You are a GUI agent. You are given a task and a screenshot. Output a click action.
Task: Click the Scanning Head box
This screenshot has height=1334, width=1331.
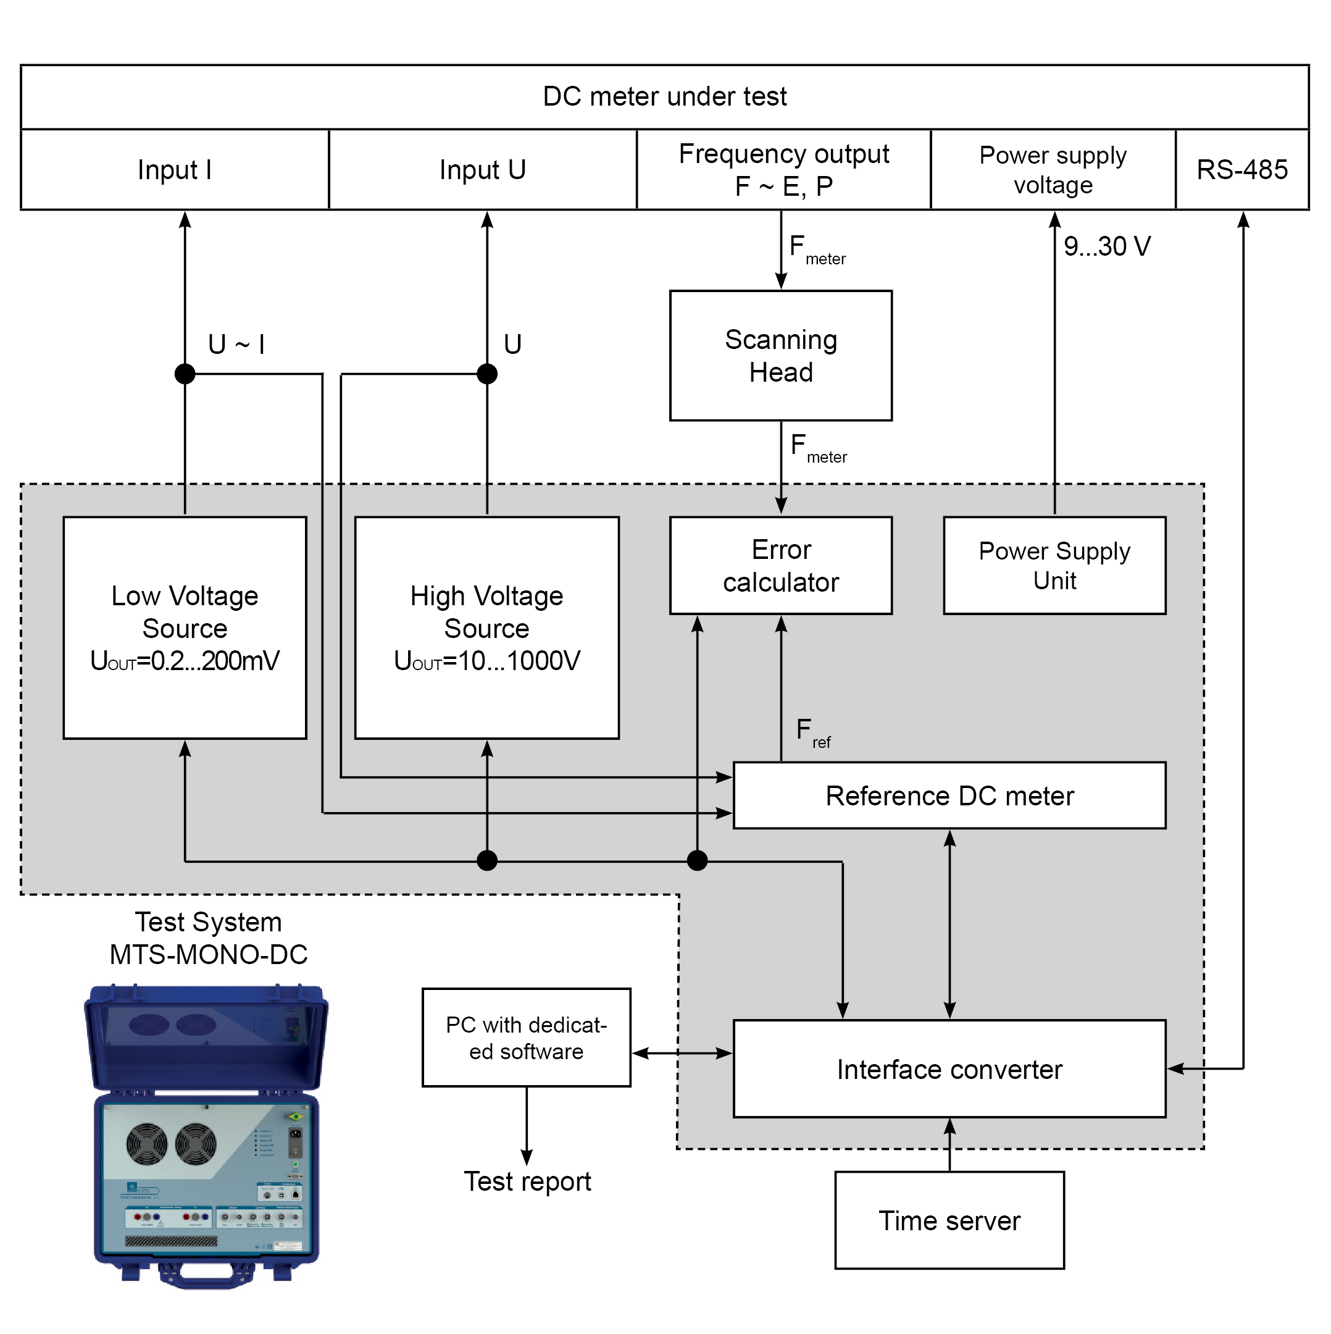click(781, 356)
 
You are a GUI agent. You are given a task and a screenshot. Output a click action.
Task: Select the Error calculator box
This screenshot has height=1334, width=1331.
click(781, 566)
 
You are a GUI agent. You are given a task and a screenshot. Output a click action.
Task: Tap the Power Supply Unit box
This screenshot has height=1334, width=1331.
click(1054, 566)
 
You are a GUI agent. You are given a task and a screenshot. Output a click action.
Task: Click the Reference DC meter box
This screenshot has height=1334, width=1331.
click(949, 795)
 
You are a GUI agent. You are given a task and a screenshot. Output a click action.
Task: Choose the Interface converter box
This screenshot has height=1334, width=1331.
click(949, 1069)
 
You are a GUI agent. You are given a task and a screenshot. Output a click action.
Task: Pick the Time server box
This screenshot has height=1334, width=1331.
click(949, 1220)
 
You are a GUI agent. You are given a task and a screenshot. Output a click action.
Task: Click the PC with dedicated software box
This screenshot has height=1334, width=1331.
click(526, 1038)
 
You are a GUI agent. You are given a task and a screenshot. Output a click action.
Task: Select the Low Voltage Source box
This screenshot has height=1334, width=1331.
click(185, 627)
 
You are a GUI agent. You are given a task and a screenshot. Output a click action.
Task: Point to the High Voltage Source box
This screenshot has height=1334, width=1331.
click(486, 627)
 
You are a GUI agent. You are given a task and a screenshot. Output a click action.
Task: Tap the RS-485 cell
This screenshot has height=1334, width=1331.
click(1242, 169)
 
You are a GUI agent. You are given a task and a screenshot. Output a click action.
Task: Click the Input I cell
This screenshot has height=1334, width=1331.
click(175, 169)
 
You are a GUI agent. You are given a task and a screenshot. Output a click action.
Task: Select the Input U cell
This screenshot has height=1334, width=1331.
click(483, 169)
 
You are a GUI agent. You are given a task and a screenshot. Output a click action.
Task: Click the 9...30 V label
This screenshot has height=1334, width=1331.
click(1107, 246)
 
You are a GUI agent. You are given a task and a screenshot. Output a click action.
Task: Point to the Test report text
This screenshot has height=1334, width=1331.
click(527, 1181)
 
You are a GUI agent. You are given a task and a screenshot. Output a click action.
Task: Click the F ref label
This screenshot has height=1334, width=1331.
click(813, 733)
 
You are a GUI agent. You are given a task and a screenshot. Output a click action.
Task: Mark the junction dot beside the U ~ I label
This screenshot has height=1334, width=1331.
click(185, 374)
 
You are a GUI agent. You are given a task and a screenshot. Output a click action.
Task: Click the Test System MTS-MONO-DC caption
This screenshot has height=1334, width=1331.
click(209, 938)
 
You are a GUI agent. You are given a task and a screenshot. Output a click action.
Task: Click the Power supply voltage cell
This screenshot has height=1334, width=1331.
click(1053, 169)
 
